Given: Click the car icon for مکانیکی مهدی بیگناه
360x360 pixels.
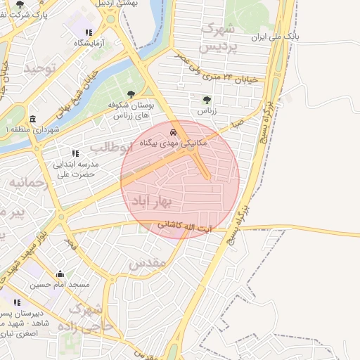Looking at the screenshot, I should pos(173,131).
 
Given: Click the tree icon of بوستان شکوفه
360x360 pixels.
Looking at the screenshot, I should pos(131,94).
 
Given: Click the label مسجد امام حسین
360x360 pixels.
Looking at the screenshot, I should pos(60,285).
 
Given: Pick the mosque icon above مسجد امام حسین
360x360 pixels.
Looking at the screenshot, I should pos(60,274).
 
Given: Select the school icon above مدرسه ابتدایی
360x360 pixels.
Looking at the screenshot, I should pos(75,153).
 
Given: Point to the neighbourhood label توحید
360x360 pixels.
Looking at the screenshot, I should pos(39,68).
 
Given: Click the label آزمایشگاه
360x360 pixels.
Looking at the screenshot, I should pos(89,44).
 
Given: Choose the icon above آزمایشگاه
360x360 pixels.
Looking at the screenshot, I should pos(89,32).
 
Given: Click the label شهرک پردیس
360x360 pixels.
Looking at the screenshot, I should pos(217,38).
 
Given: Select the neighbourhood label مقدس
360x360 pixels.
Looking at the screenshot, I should pos(148,262).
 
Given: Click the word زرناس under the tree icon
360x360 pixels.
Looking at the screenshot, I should pos(205,111).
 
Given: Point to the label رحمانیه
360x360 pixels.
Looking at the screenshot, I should pos(28,183).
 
